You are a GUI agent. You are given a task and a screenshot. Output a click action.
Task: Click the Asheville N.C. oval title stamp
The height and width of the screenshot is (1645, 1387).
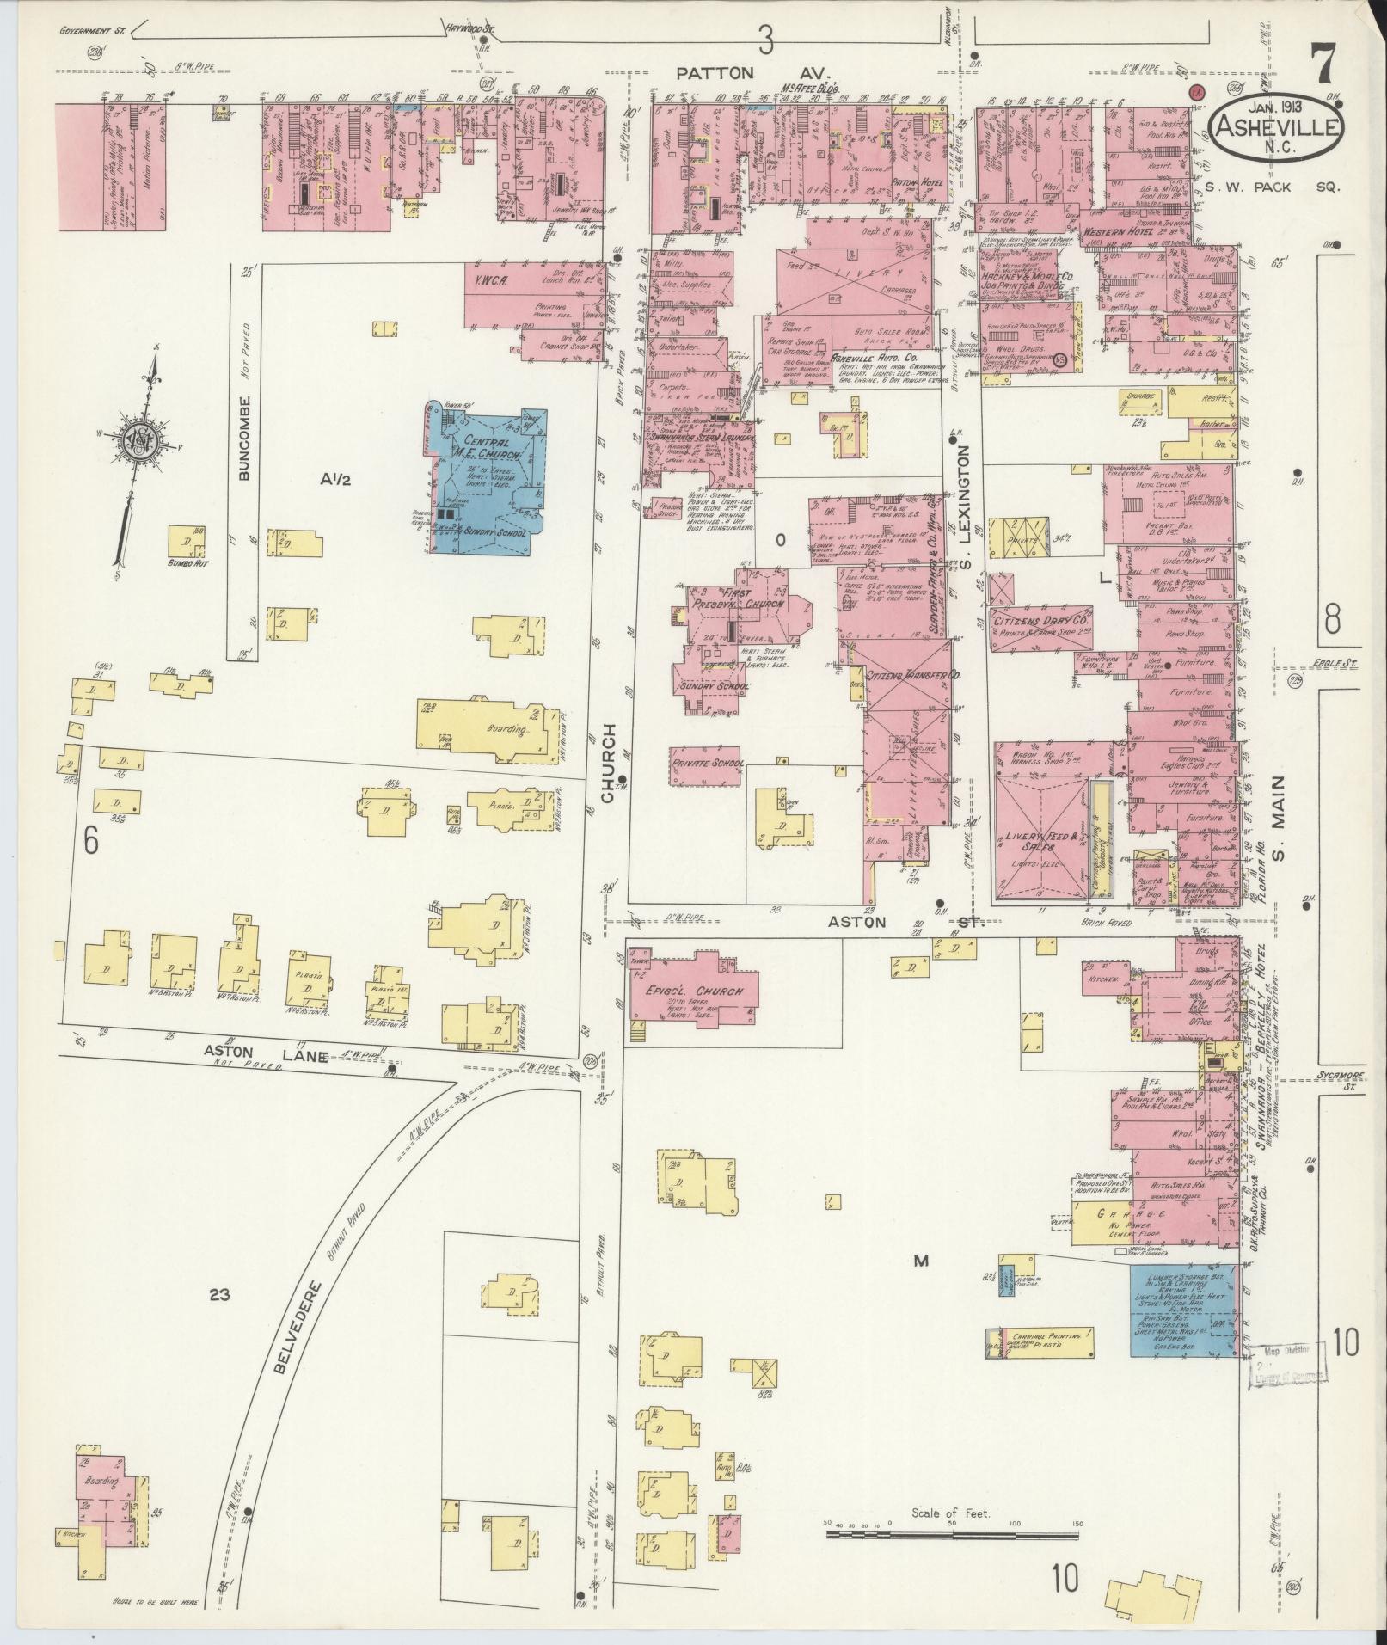coord(1276,126)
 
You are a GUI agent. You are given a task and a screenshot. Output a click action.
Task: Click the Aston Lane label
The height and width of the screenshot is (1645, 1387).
coord(242,1051)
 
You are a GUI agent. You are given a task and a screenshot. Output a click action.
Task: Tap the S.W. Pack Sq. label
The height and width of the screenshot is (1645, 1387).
coord(1271,187)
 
